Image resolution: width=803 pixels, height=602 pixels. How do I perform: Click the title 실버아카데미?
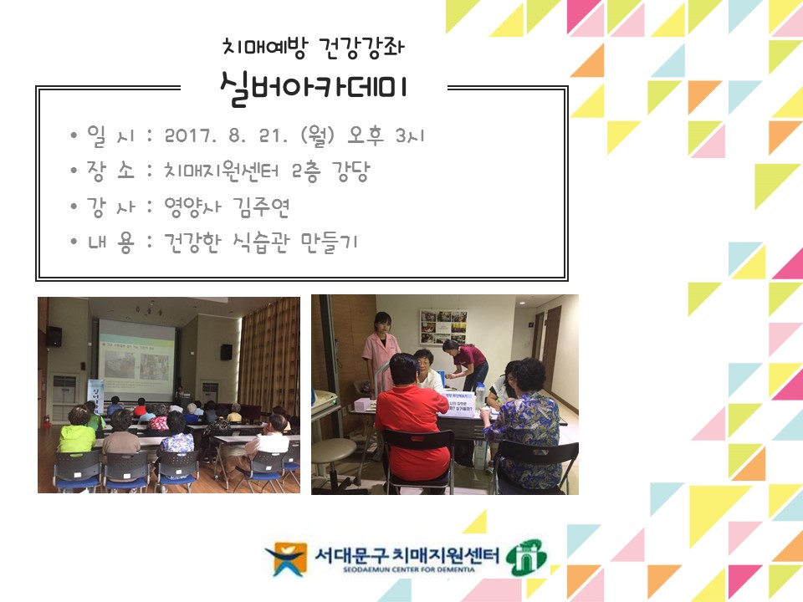[x=315, y=88]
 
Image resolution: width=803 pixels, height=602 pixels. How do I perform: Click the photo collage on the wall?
[x=442, y=327]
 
